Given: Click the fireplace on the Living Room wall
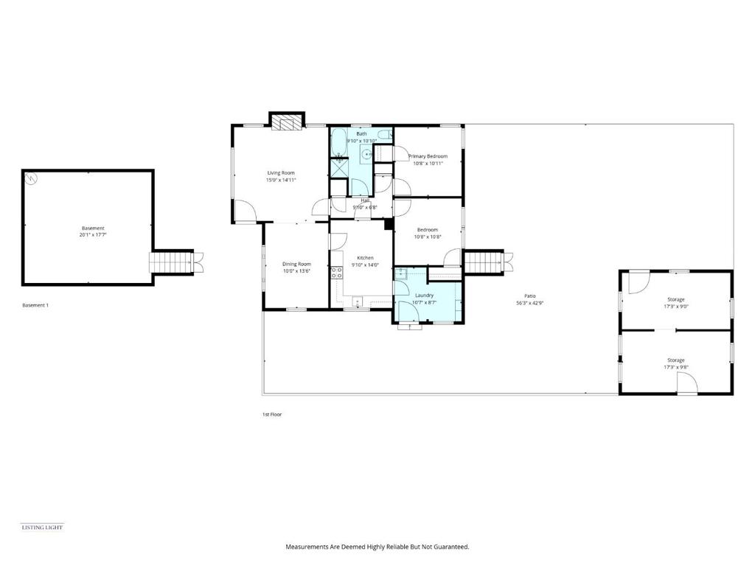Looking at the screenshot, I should (x=287, y=122).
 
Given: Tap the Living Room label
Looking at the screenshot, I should (x=281, y=173).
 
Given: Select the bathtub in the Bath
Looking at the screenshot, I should (x=338, y=143).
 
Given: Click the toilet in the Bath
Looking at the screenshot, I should (x=385, y=134).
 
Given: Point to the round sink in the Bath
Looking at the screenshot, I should (x=366, y=155).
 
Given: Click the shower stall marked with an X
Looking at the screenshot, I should (x=338, y=167).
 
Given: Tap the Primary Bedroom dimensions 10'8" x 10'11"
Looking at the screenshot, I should (x=428, y=164).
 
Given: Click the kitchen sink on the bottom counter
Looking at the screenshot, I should (x=358, y=300).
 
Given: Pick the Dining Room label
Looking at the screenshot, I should (x=296, y=264).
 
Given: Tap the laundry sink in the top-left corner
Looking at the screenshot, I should (x=401, y=273).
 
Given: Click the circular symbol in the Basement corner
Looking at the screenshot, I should (x=31, y=178).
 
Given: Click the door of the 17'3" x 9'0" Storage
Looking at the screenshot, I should (x=639, y=281).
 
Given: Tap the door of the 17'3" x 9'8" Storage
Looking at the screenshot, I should (x=686, y=383).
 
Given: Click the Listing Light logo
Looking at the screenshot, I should (x=42, y=527).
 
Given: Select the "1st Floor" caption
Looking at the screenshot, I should (x=272, y=414).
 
